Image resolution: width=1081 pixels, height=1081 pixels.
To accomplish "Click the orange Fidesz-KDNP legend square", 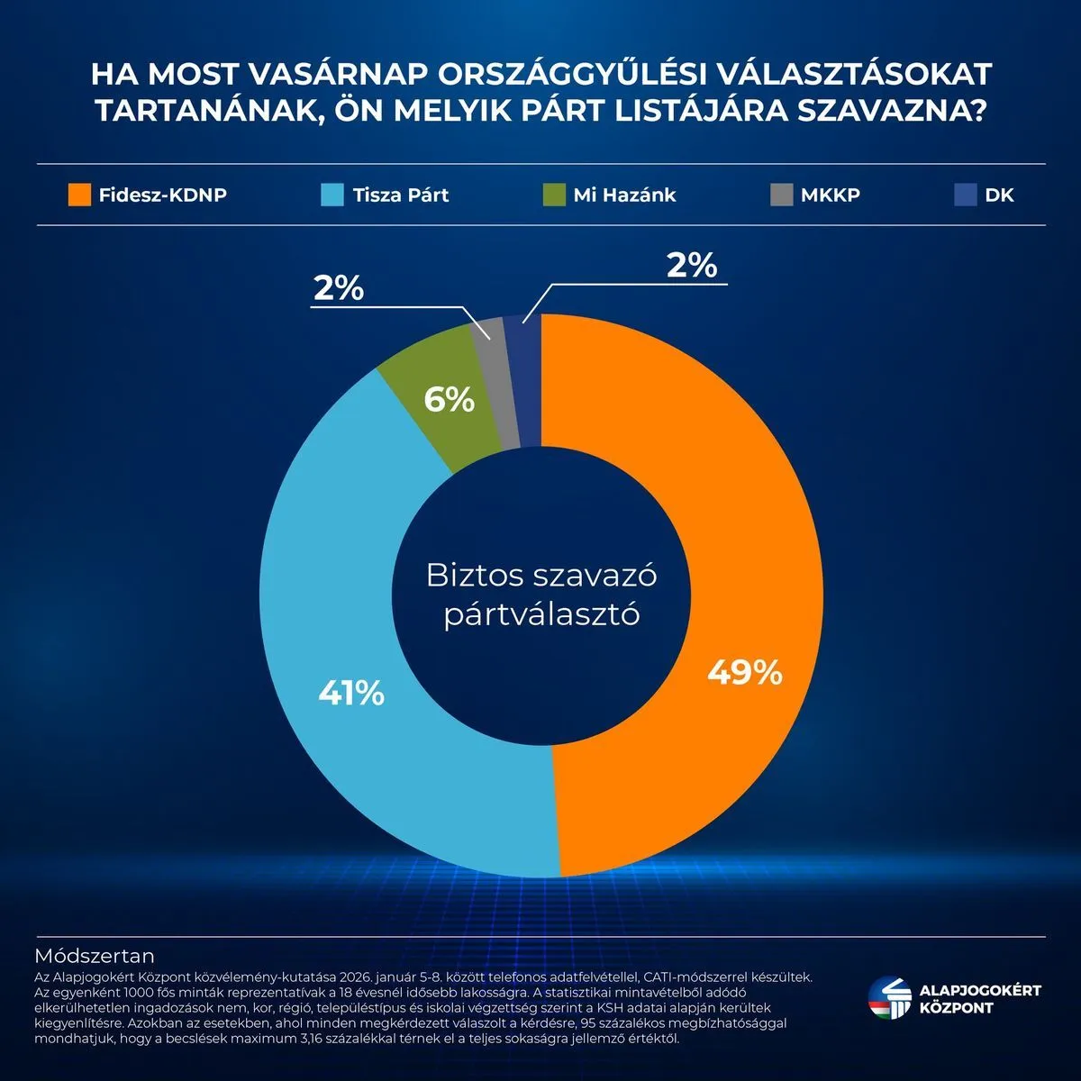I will click(x=79, y=195).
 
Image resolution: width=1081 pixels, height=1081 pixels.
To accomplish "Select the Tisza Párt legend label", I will click(x=401, y=195).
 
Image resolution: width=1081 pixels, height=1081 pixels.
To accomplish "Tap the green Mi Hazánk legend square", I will click(x=554, y=195).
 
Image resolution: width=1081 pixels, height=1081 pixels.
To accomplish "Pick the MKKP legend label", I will click(x=830, y=195).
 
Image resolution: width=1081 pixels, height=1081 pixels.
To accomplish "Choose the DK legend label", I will click(x=999, y=195).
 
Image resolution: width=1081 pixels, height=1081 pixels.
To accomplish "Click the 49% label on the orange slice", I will click(x=744, y=672).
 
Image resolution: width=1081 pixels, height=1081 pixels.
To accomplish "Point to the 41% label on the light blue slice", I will click(x=351, y=693).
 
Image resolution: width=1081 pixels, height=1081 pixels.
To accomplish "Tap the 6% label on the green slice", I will click(x=449, y=399).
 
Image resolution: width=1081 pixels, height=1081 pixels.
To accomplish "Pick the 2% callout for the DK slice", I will click(x=691, y=266).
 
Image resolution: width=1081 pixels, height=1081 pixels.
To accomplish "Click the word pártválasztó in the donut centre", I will click(x=540, y=614).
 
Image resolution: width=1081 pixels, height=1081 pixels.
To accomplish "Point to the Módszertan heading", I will click(x=95, y=955).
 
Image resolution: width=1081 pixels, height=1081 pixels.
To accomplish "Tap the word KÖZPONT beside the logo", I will click(x=956, y=1008).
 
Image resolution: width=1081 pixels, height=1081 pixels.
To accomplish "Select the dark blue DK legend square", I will click(x=966, y=195).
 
